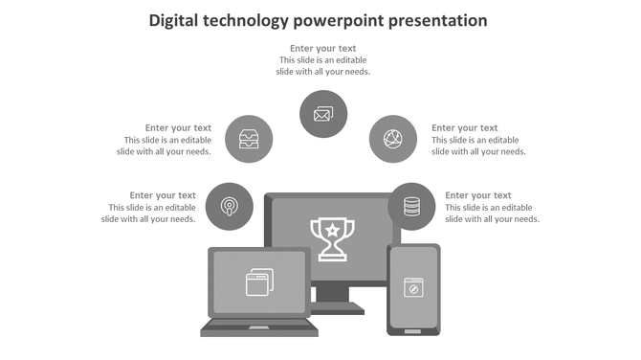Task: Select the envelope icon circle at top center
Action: (323, 114)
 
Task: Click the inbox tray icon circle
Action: (249, 139)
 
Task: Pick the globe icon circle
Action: (393, 139)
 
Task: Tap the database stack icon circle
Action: (411, 206)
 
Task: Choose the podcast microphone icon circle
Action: (230, 206)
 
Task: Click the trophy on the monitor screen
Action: (332, 238)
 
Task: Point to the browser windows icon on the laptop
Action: (259, 281)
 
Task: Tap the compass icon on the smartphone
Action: (413, 286)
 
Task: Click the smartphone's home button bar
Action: (413, 330)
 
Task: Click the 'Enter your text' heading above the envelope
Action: (323, 48)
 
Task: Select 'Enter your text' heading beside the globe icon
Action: (464, 127)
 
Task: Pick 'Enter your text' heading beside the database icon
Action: (477, 195)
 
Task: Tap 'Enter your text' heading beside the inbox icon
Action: (178, 127)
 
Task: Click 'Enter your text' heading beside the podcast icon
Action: (163, 195)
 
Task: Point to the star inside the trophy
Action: (332, 230)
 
